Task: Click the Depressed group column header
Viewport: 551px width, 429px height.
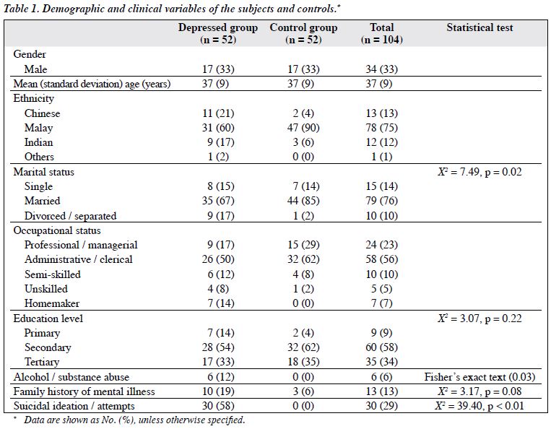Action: coord(218,33)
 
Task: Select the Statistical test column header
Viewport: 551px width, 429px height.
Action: coord(480,27)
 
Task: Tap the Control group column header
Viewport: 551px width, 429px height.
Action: coord(303,33)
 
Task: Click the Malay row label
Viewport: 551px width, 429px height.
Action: coord(39,128)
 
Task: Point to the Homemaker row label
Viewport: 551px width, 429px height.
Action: coord(52,303)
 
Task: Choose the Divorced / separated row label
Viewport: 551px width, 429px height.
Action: coord(70,216)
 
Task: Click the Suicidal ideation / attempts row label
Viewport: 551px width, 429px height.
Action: coord(74,406)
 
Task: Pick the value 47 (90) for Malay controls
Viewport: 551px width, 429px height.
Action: coord(303,128)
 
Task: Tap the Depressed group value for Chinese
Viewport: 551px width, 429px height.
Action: coord(218,113)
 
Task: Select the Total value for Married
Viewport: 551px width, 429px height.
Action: coord(381,201)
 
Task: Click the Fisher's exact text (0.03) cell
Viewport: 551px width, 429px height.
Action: coord(480,377)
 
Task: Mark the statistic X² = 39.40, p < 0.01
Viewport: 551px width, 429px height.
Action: coord(480,406)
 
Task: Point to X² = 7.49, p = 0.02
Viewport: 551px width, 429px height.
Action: coord(480,172)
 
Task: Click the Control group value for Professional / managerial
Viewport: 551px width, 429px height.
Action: coord(303,245)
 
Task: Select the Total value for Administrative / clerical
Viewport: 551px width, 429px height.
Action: coord(381,259)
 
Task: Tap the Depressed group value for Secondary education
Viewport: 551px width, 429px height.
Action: coord(218,347)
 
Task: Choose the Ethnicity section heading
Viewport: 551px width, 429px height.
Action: coord(34,98)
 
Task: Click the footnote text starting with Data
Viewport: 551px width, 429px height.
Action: coord(134,420)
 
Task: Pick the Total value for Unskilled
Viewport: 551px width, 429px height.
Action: coord(381,289)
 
